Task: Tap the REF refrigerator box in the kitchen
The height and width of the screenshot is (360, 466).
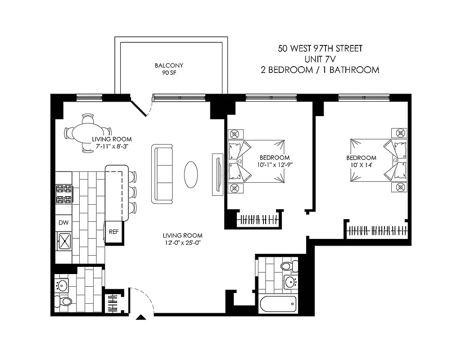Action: click(113, 232)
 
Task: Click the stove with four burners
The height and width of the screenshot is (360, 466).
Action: click(63, 194)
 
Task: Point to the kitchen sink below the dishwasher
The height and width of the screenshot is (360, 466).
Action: click(64, 241)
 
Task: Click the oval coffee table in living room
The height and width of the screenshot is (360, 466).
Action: click(191, 174)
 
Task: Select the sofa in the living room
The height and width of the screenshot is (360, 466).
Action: click(162, 174)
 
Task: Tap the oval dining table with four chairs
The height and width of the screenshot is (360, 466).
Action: click(86, 134)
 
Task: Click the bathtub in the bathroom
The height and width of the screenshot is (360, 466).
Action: click(278, 305)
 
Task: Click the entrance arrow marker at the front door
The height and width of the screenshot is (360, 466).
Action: click(141, 318)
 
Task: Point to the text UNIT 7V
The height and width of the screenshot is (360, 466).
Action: click(320, 59)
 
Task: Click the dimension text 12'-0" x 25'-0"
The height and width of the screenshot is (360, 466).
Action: click(182, 243)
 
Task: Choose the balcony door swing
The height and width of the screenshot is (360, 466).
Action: click(143, 107)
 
